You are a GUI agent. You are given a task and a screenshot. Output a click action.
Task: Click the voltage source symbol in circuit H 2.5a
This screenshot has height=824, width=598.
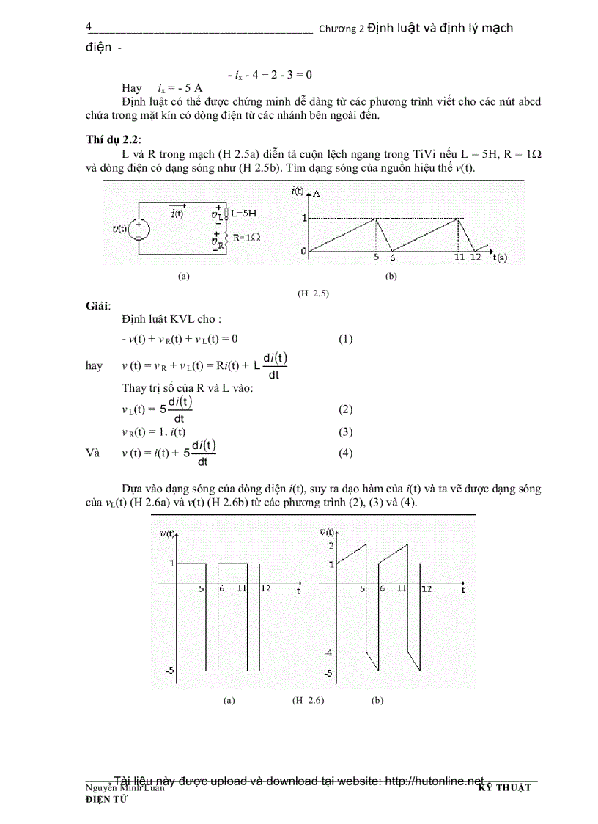(140, 229)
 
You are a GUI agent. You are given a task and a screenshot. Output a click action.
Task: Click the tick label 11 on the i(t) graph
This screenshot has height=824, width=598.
(460, 258)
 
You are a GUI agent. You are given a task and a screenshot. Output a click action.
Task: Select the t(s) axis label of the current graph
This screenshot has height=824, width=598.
(500, 258)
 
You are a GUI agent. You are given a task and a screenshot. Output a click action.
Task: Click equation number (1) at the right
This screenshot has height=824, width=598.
(345, 339)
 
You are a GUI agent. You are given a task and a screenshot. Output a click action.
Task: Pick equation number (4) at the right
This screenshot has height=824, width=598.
(345, 453)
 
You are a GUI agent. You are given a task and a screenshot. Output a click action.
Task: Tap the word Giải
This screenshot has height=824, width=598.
(97, 306)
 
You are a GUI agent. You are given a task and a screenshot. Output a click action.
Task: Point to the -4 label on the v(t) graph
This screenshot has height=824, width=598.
(328, 652)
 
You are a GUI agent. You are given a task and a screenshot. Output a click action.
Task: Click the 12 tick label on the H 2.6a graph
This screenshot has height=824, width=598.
(265, 588)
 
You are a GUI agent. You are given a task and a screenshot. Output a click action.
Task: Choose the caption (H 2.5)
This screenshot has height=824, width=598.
(313, 293)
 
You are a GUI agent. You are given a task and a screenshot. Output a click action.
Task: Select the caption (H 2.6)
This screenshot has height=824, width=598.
(308, 701)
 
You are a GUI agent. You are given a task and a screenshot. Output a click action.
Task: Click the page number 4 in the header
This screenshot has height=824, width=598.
(89, 27)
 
